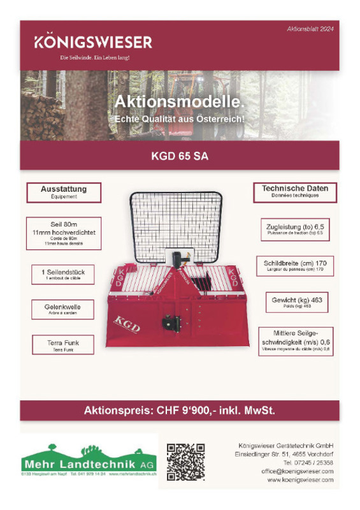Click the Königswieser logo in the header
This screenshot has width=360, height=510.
click(x=93, y=43)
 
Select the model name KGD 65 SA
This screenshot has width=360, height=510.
click(x=180, y=155)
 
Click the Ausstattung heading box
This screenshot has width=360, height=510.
click(x=64, y=192)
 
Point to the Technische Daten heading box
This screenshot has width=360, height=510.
click(x=295, y=191)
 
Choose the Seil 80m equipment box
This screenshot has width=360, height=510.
click(x=64, y=233)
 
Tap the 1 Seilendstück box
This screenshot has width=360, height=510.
click(x=63, y=274)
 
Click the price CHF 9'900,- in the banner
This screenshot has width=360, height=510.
click(x=180, y=411)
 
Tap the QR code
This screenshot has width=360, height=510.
click(x=185, y=462)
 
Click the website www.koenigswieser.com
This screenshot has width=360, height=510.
click(x=301, y=479)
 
